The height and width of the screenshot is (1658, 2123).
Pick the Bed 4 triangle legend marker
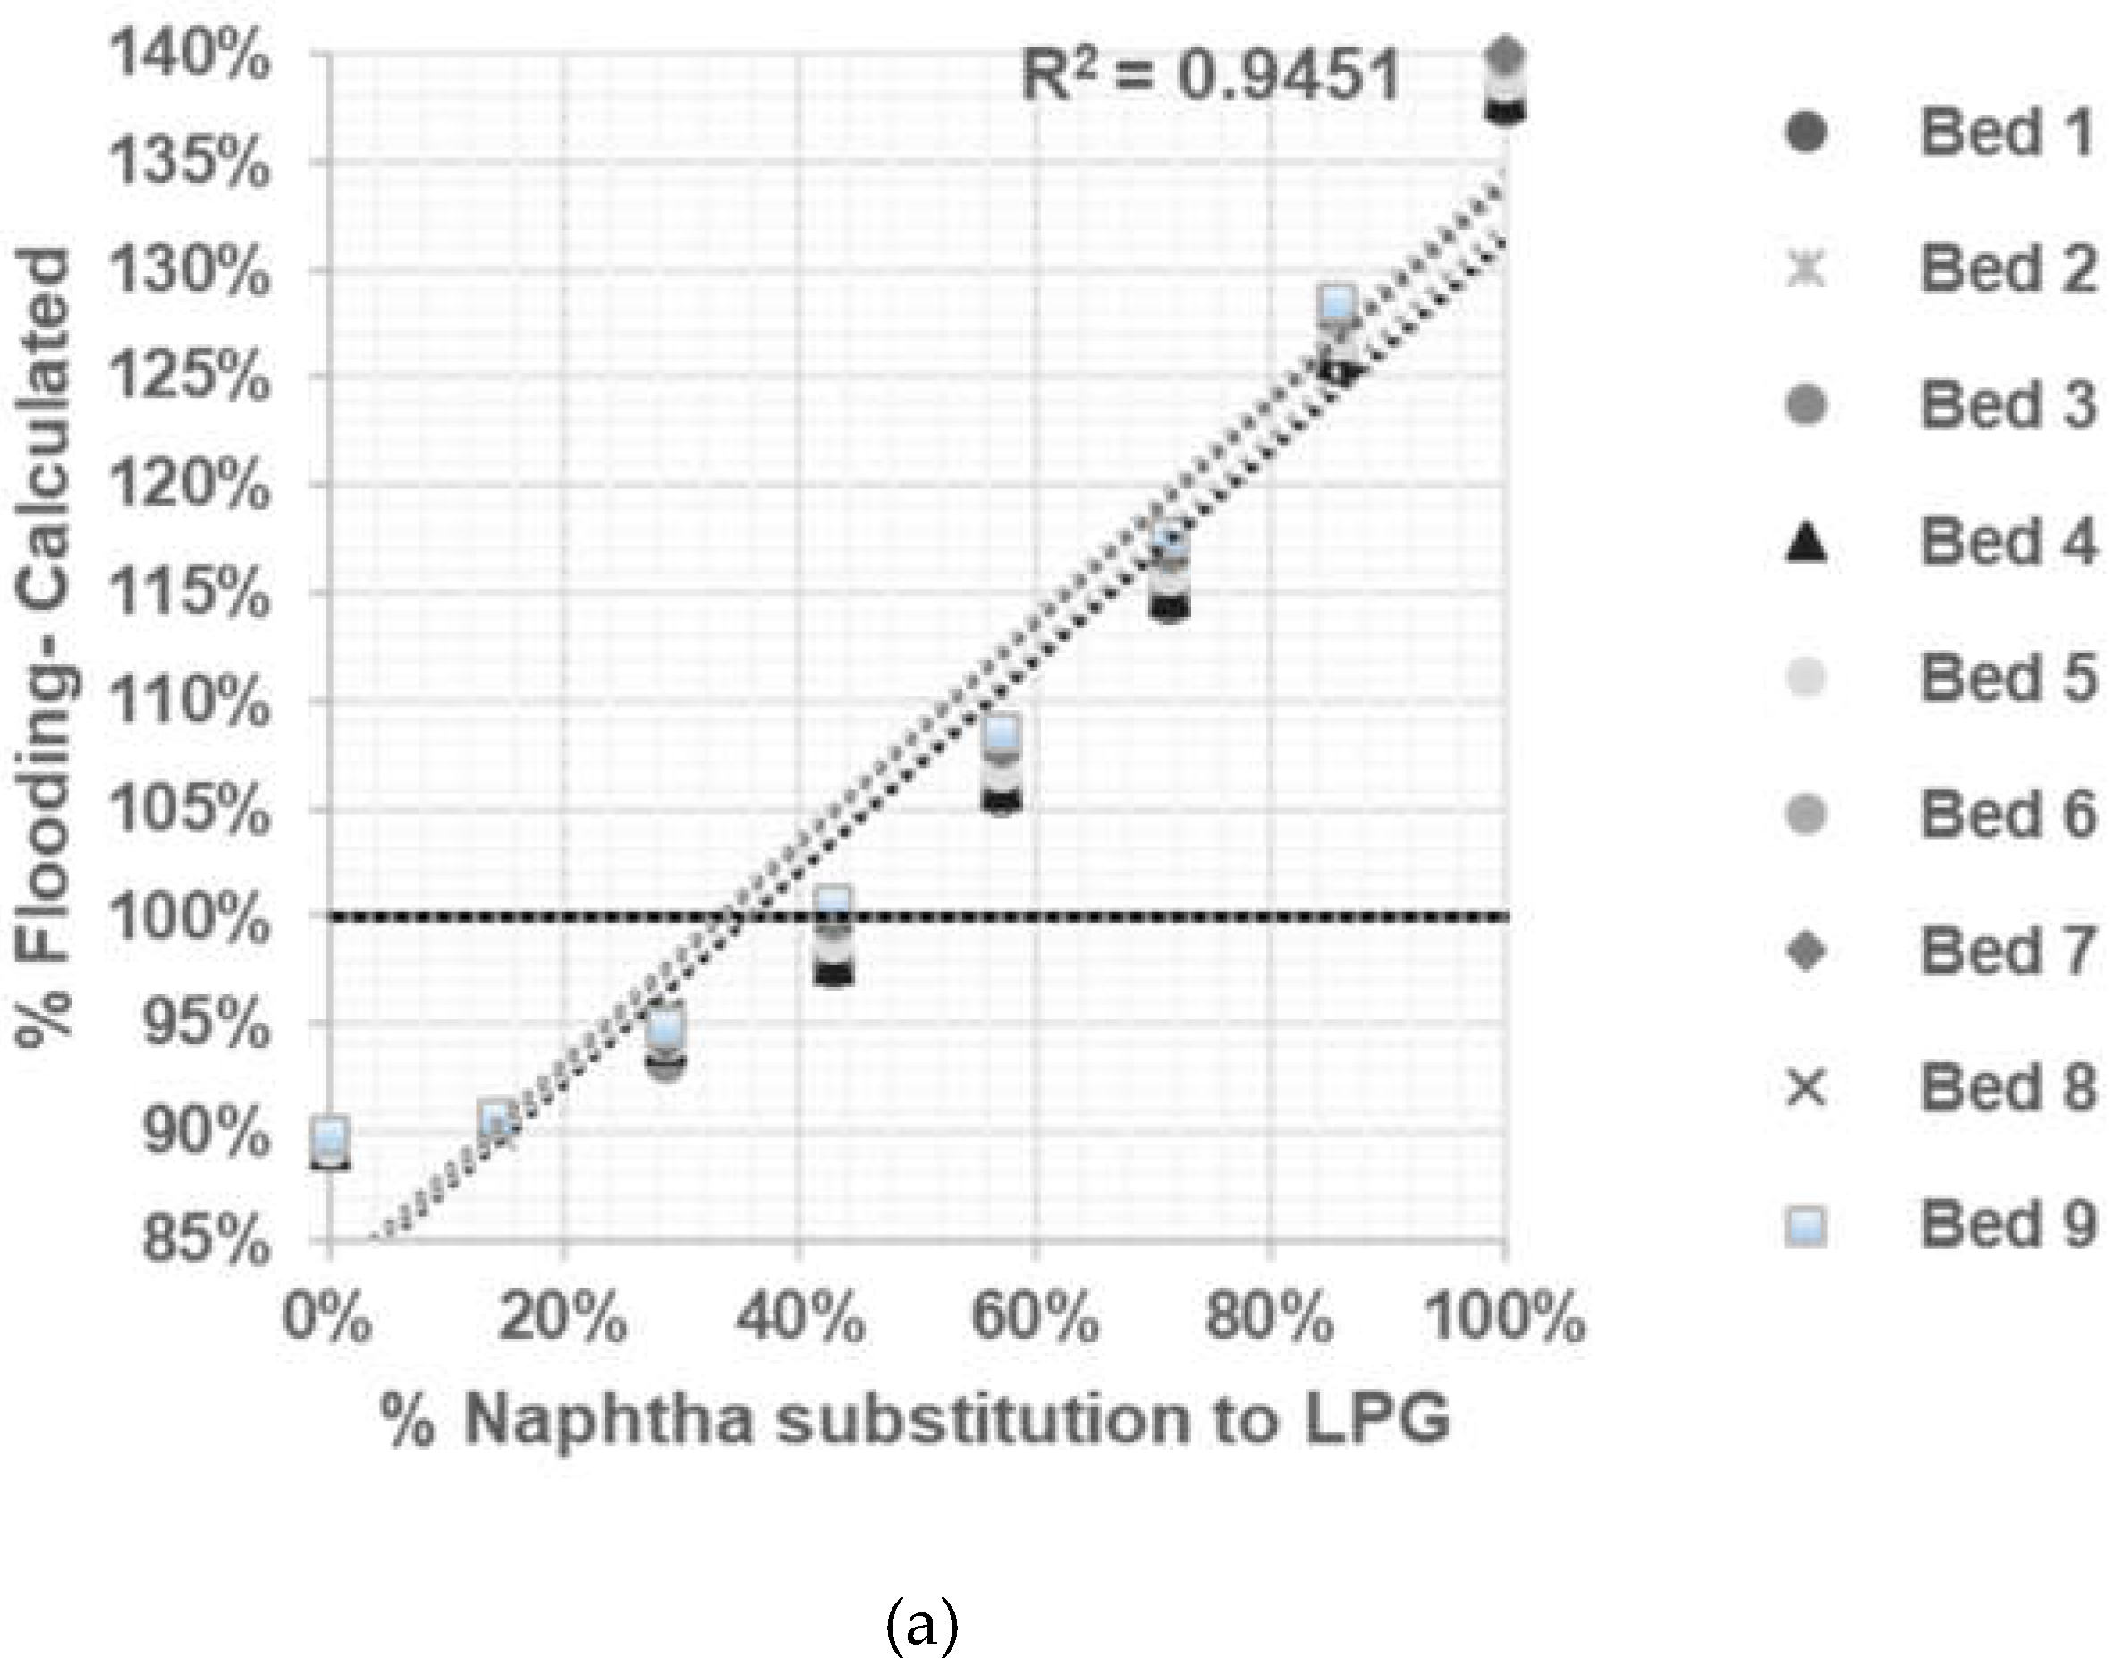[x=1807, y=542]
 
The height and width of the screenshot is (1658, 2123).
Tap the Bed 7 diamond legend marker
[x=1807, y=951]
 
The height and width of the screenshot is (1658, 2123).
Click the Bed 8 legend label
[x=2009, y=1087]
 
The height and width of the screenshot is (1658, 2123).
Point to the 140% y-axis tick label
[x=189, y=55]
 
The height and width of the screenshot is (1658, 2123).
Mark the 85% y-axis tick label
[x=205, y=1241]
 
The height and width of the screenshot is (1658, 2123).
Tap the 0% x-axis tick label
[x=327, y=1319]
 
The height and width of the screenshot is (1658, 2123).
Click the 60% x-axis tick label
[x=1036, y=1319]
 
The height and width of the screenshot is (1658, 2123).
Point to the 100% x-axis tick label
[x=1504, y=1319]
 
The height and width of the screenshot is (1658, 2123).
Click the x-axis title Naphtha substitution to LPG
[x=915, y=1421]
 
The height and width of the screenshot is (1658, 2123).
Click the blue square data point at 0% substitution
[x=331, y=1135]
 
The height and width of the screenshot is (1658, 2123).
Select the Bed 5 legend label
[x=2009, y=679]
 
